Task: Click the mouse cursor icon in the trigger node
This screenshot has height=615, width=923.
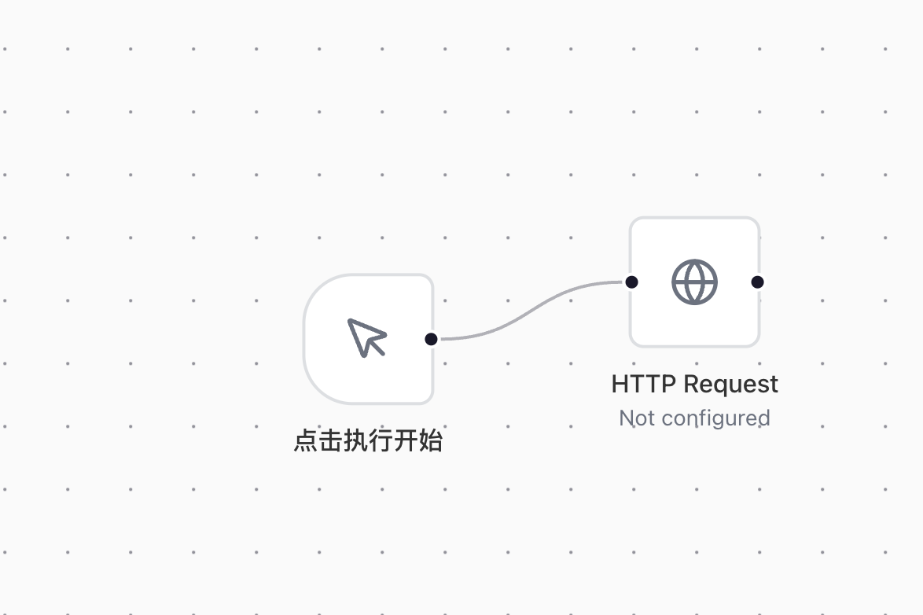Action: (366, 337)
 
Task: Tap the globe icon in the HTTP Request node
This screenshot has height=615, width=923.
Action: (694, 282)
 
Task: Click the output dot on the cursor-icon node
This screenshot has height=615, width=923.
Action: (431, 339)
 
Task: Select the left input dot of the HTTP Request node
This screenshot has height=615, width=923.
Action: (631, 282)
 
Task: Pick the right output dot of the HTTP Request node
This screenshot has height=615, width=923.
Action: (758, 282)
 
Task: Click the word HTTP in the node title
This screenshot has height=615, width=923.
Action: (643, 384)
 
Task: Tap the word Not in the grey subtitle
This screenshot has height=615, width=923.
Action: (638, 418)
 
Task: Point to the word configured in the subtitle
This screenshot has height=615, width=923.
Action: (715, 419)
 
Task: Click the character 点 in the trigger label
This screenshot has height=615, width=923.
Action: (306, 440)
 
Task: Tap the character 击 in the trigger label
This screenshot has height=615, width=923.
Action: (330, 440)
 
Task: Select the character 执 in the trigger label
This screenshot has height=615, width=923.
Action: (355, 440)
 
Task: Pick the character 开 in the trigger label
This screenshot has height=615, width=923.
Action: (405, 440)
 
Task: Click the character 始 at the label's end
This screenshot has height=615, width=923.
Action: (430, 440)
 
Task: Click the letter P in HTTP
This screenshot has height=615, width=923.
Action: (668, 384)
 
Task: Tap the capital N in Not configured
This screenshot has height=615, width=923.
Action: (627, 418)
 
